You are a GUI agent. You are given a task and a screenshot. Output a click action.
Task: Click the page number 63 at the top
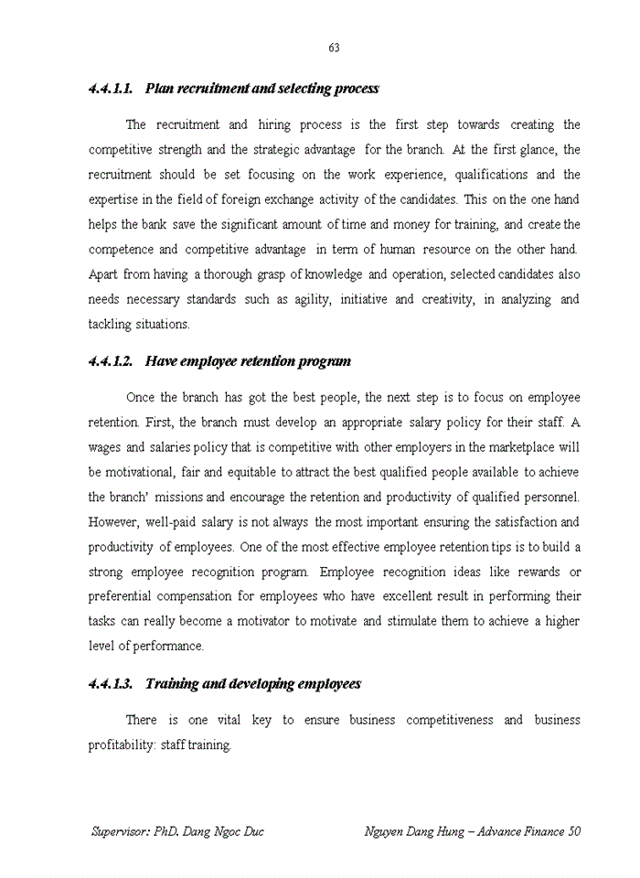point(334,48)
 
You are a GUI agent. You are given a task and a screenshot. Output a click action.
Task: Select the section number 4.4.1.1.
point(111,89)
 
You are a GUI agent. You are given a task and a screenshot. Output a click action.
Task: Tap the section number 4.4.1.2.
point(111,361)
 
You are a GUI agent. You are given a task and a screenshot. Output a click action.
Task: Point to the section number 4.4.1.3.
point(111,684)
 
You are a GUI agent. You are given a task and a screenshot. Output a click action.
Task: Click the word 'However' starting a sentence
point(113,522)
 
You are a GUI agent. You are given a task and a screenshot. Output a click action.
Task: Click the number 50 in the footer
point(573,831)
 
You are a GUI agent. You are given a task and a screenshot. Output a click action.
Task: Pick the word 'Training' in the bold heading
point(170,684)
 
